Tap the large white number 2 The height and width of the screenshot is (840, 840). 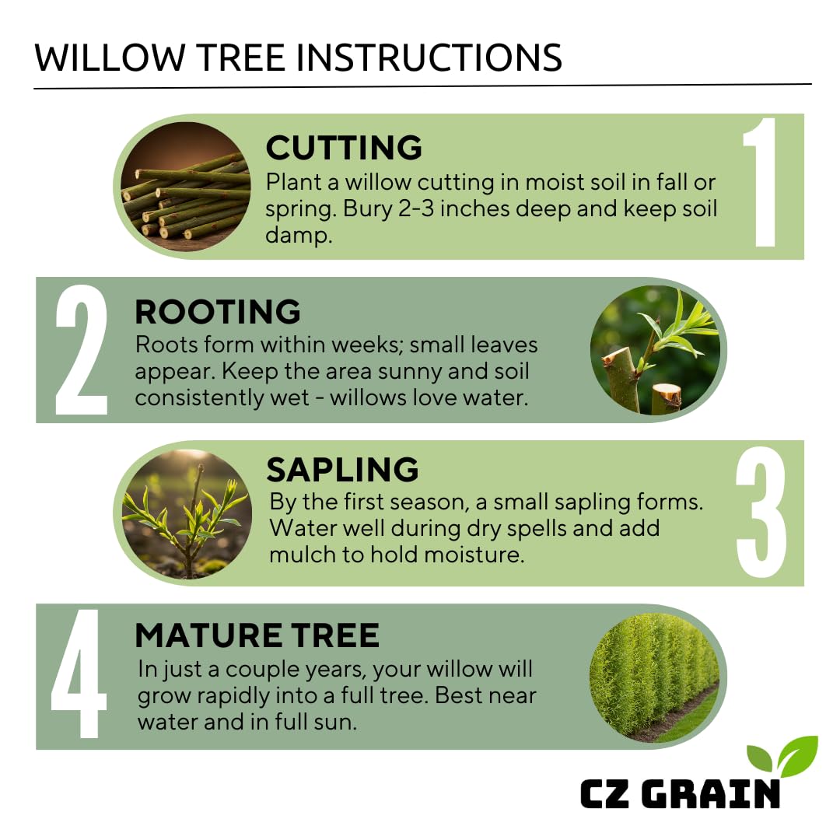tap(82, 350)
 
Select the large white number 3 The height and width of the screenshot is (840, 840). tap(761, 513)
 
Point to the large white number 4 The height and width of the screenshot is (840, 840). tap(79, 674)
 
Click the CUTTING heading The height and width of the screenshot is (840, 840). tap(344, 147)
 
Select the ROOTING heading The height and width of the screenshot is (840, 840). tap(218, 312)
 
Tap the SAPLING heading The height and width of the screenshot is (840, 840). tap(342, 470)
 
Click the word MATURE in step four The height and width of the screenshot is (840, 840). tap(208, 635)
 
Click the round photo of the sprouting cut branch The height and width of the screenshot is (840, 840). tap(655, 350)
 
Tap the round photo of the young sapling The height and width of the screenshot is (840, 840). tap(187, 514)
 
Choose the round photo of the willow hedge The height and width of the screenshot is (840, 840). tap(655, 677)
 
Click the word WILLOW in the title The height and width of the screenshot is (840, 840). tap(110, 58)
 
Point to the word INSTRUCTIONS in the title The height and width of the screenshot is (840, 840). tap(429, 58)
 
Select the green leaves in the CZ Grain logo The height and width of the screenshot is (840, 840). tap(782, 756)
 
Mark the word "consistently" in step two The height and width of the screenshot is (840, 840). tap(222, 397)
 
